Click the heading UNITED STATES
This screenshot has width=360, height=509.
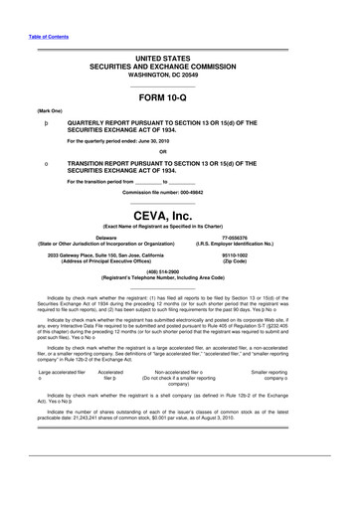pos(179,60)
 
